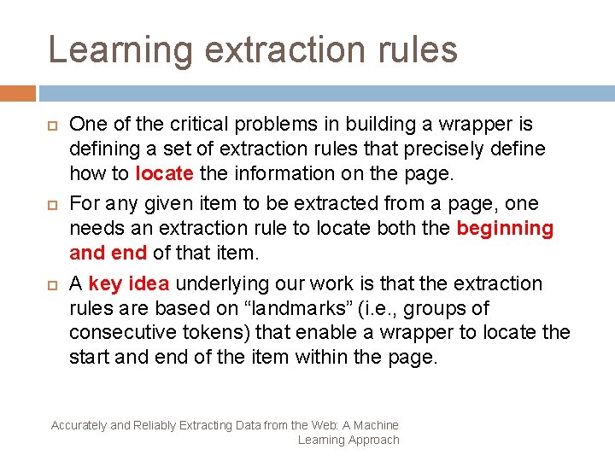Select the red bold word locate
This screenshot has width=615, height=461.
(x=164, y=173)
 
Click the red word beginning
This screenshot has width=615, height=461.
(x=505, y=228)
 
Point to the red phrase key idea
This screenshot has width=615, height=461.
(x=128, y=283)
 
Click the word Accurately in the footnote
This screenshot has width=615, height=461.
(x=79, y=425)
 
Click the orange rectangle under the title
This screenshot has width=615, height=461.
(x=18, y=92)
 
